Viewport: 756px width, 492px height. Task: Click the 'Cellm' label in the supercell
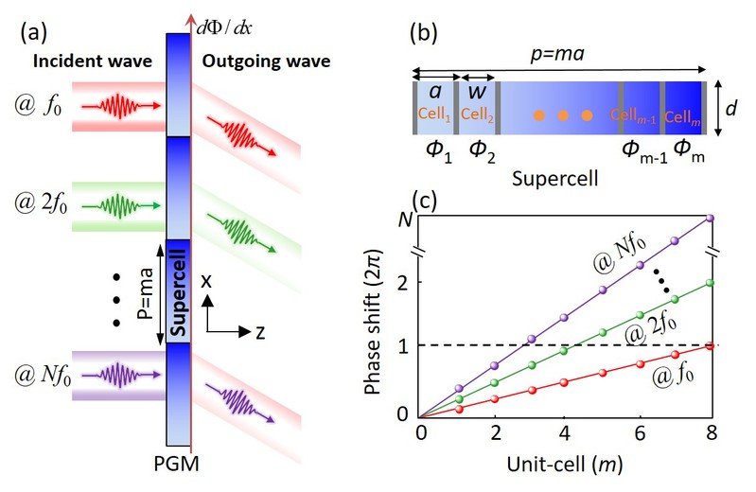(682, 115)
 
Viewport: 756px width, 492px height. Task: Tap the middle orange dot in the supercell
(562, 115)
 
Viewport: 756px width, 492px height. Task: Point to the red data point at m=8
(710, 346)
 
